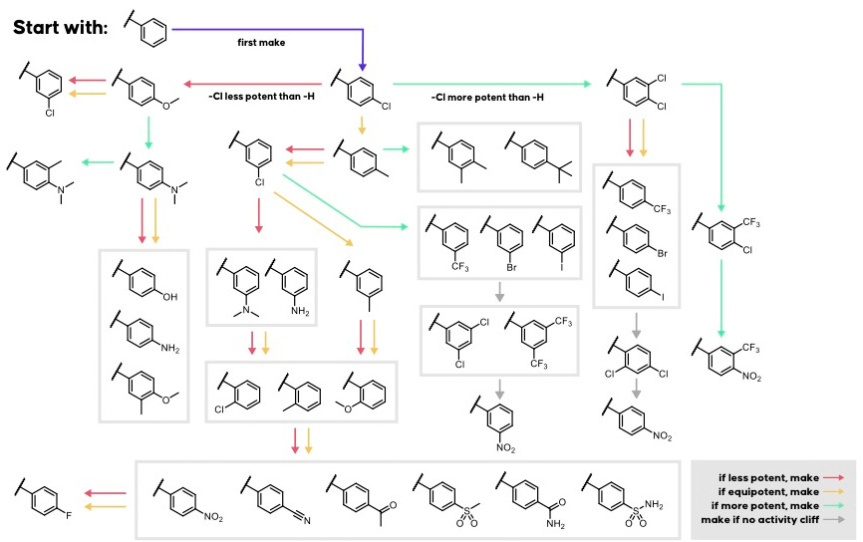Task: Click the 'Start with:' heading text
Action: (x=60, y=28)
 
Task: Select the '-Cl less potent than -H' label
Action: (x=257, y=98)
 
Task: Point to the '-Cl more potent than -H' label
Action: (x=487, y=98)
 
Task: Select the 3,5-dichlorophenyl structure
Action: (x=454, y=338)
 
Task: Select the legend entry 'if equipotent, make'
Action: (x=769, y=491)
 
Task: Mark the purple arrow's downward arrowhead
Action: (x=364, y=62)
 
